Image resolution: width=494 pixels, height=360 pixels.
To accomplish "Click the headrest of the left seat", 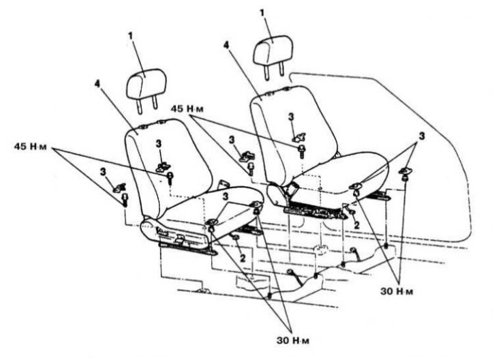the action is [146, 85].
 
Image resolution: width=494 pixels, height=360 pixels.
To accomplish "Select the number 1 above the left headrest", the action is [130, 35].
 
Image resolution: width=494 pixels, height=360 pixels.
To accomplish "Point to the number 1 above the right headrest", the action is [262, 12].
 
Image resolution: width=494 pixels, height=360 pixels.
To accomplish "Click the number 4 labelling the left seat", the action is [97, 84].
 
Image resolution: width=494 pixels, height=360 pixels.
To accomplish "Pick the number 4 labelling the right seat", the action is [226, 45].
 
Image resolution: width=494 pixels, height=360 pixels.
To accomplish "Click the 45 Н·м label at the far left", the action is [30, 147].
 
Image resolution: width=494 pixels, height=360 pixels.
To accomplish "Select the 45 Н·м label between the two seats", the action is [187, 109].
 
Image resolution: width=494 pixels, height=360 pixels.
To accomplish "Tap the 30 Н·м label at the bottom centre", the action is [293, 340].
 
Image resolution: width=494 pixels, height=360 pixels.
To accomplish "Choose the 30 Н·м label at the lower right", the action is [397, 291].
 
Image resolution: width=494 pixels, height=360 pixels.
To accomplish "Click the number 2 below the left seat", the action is [243, 258].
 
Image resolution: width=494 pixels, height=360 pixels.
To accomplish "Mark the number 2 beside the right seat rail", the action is [356, 225].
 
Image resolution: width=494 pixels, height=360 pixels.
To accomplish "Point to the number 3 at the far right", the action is [422, 136].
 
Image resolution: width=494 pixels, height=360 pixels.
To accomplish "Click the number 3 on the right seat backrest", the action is [291, 117].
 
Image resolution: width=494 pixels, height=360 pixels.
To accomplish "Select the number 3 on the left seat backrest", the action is [159, 144].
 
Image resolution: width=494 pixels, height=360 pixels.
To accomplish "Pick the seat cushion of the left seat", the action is [202, 214].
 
